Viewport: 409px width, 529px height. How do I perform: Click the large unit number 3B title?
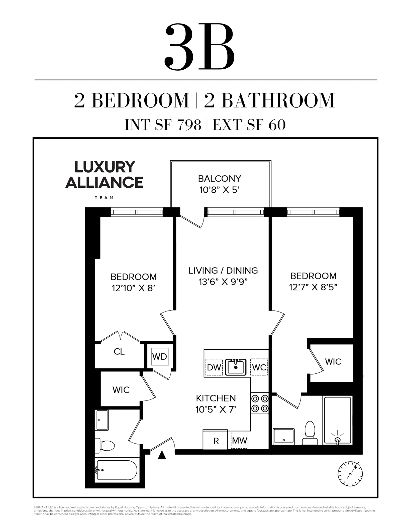pos(200,47)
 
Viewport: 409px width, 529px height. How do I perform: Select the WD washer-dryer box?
pos(160,356)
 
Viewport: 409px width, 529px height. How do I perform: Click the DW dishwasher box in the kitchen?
pos(214,367)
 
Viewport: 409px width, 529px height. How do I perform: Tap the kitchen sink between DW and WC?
pos(236,367)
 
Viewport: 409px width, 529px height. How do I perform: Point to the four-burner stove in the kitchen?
pos(260,404)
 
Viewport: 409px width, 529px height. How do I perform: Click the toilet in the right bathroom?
pos(310,433)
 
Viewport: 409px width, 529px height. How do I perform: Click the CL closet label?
pos(119,352)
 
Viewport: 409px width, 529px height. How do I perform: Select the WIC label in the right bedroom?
pos(333,362)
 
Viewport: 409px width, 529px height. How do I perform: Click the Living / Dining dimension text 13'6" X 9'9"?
pos(223,282)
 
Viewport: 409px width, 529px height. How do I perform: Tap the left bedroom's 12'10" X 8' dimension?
pos(133,288)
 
